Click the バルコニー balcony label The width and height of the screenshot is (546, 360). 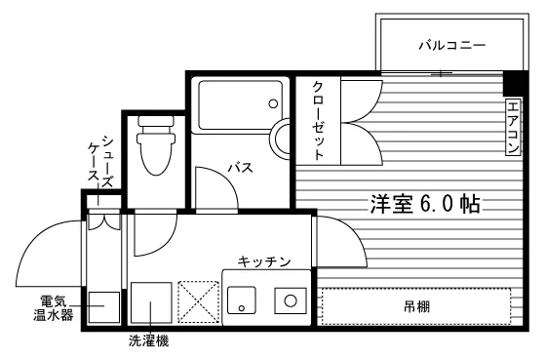pos(452,45)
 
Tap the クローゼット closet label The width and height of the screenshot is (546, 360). pos(318,121)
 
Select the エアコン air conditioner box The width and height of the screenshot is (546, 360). pos(513,127)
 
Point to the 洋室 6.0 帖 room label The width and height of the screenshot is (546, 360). pos(425,204)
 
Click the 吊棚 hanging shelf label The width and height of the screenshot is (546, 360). pos(417,306)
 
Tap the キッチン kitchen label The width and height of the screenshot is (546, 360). pos(264,261)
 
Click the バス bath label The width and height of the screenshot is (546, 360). pos(241,168)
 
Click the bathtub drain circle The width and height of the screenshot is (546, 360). pos(273,103)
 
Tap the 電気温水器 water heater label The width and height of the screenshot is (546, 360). pos(54,307)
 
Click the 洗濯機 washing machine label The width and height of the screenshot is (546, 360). pos(148,340)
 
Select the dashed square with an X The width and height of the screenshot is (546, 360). pos(199,301)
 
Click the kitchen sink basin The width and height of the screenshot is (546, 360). pos(242,300)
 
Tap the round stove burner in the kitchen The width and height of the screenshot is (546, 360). pos(291,300)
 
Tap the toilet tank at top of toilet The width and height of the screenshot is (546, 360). pos(156,122)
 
